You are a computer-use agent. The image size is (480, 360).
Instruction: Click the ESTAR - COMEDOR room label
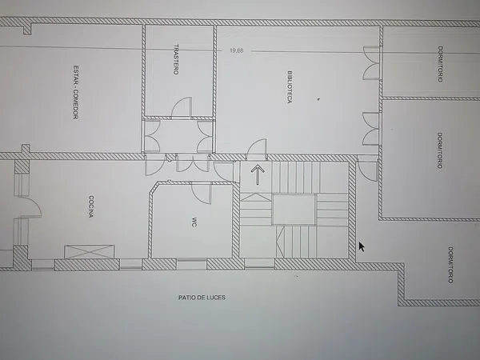(x=76, y=92)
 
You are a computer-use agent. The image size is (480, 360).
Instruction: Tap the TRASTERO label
(x=176, y=59)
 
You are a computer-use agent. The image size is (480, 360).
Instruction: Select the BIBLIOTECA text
(x=290, y=87)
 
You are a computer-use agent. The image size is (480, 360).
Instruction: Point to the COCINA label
(x=91, y=206)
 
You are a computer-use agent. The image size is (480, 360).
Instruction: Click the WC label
(x=194, y=222)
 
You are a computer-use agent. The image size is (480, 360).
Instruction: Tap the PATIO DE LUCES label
(x=202, y=298)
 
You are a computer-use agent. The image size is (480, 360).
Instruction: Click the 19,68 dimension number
(x=237, y=50)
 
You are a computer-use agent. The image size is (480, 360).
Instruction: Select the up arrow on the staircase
(x=258, y=174)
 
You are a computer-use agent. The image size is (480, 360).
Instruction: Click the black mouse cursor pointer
(x=362, y=246)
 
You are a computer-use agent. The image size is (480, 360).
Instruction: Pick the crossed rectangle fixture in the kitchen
(x=89, y=252)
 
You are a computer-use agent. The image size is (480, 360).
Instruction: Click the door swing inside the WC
(x=202, y=193)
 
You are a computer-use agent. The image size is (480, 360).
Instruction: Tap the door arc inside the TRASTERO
(x=182, y=107)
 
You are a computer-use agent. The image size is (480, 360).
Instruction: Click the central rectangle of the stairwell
(x=294, y=210)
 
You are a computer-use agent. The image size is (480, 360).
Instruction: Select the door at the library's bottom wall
(x=257, y=149)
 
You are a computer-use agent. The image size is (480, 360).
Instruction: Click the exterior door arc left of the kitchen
(x=31, y=207)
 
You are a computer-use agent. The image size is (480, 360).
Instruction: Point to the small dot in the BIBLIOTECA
(x=318, y=99)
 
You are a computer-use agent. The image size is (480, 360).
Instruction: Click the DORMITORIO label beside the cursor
(x=450, y=265)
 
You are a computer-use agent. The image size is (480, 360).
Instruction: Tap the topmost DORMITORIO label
(x=440, y=64)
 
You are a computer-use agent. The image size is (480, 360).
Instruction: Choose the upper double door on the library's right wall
(x=371, y=63)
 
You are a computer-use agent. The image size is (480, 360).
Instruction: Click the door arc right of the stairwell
(x=367, y=171)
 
